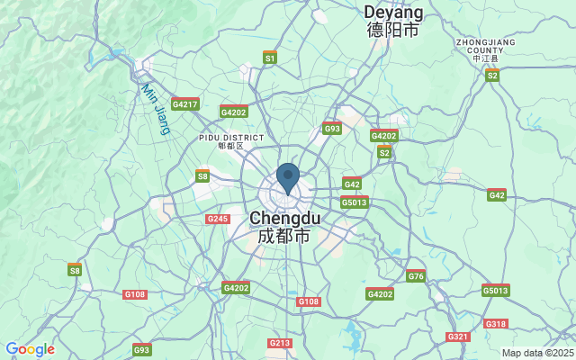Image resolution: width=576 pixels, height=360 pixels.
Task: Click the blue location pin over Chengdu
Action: [x=288, y=177]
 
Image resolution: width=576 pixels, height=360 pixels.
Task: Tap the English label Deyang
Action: [x=393, y=12]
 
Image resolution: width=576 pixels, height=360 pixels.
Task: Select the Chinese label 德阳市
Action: [x=393, y=30]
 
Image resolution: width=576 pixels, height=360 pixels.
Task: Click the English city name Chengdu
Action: [x=284, y=218]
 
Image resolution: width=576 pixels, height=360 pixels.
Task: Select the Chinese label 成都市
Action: [x=284, y=236]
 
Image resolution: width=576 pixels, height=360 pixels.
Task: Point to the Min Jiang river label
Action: [x=156, y=109]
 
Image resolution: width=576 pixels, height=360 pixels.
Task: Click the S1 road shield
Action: [x=270, y=57]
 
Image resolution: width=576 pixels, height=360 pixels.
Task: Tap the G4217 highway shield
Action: [x=184, y=104]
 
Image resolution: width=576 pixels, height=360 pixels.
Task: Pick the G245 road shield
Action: [x=218, y=219]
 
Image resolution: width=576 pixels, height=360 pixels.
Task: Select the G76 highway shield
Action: [x=416, y=275]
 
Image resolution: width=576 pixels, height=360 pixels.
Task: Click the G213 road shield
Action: [x=280, y=343]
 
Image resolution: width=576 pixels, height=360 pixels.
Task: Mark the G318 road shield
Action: [x=496, y=323]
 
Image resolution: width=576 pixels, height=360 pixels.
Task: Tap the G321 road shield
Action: [x=458, y=337]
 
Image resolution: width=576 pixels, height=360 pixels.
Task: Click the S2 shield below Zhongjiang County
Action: [x=492, y=75]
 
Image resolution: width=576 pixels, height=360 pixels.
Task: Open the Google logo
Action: [x=30, y=349]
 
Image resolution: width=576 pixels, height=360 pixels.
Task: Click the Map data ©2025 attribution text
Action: [x=537, y=353]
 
